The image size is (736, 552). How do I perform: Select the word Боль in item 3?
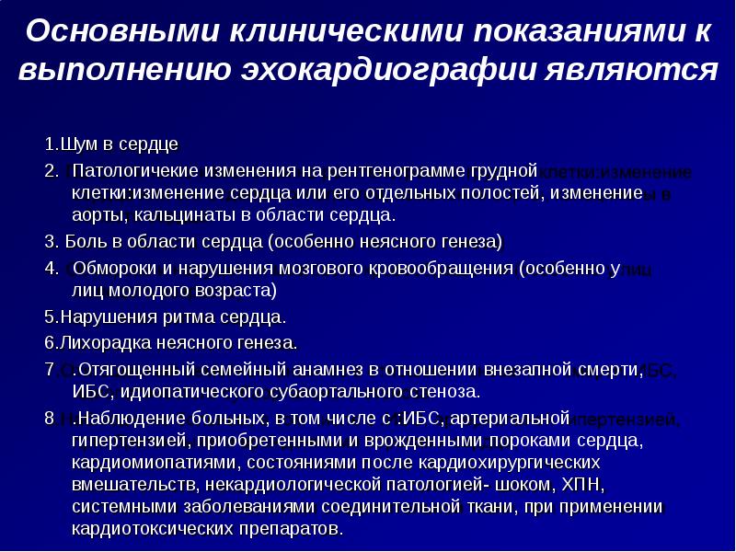point(84,242)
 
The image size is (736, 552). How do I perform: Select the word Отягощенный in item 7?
point(129,370)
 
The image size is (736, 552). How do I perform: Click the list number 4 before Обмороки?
point(50,269)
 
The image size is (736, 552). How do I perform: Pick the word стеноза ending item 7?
point(445,391)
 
